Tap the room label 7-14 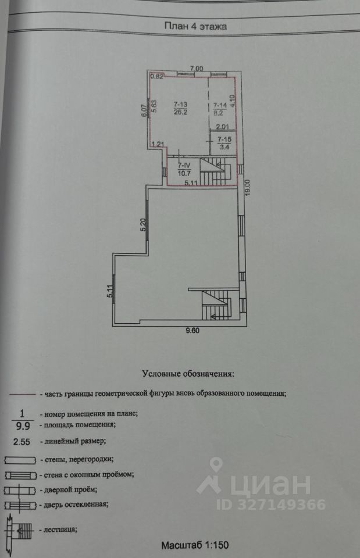tap(220, 105)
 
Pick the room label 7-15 tap(224, 139)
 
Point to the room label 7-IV tap(182, 165)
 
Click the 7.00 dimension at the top tap(196, 69)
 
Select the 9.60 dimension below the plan tap(193, 330)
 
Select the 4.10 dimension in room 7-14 tap(232, 102)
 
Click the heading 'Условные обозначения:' tap(187, 374)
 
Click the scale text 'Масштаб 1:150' tap(196, 545)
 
